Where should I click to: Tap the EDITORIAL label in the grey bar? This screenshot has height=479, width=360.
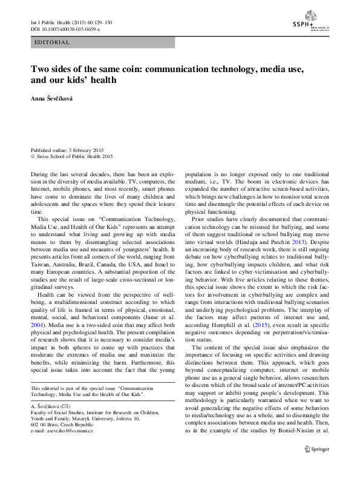[53, 42]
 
